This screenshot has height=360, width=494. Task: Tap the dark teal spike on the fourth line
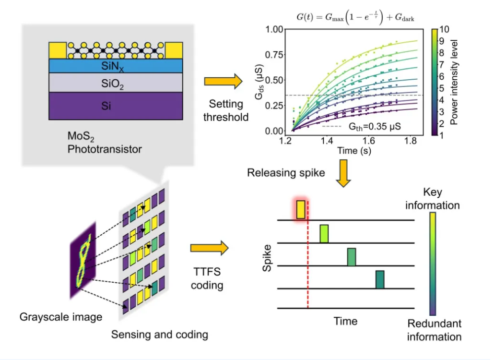click(380, 279)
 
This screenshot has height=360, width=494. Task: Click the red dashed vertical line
click(307, 259)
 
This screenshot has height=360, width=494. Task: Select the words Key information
click(433, 199)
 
